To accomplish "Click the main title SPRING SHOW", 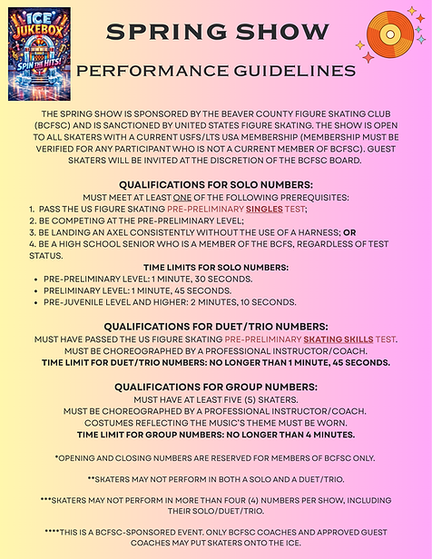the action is [216, 32].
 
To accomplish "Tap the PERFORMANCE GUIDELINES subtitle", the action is [217, 71].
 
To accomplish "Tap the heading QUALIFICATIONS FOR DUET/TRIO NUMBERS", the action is [215, 326].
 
